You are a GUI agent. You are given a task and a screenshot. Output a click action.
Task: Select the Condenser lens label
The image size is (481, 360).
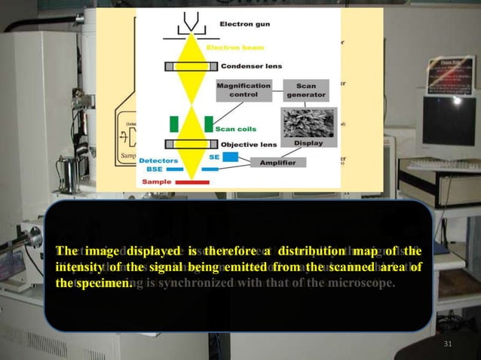point(250,66)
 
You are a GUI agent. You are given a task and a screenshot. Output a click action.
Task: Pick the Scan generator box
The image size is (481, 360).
point(306,90)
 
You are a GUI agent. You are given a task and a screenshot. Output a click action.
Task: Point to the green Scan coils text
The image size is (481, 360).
point(237,128)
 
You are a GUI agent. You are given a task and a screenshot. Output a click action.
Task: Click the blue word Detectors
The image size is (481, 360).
point(158,160)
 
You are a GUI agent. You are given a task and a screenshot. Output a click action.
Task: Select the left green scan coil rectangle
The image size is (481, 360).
point(175,124)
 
